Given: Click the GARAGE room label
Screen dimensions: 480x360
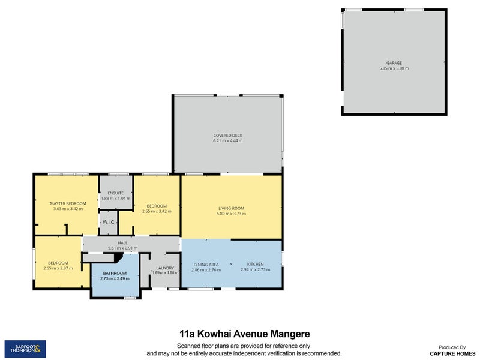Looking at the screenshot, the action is click(394, 63).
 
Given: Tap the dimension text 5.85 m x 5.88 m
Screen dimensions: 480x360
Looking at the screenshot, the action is click(394, 68).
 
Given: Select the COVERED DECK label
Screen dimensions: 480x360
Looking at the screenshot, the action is click(228, 136).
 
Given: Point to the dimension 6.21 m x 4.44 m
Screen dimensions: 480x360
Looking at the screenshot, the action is click(228, 141).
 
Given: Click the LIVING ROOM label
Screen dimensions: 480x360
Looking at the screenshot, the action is click(232, 208).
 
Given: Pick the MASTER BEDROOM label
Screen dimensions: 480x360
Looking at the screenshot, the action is click(68, 203).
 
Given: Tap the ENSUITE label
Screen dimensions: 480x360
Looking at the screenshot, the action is click(116, 193).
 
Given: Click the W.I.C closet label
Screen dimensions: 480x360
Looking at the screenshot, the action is click(109, 222).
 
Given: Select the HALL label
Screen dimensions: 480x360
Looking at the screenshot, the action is click(122, 243).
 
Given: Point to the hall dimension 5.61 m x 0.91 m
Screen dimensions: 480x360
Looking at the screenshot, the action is click(122, 248).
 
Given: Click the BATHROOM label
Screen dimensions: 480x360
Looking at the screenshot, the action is click(115, 274).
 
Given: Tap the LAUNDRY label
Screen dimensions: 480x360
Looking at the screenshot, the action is click(165, 268).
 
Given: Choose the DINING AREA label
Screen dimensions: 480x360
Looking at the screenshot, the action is click(206, 265).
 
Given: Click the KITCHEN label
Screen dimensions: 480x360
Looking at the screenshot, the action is click(256, 264).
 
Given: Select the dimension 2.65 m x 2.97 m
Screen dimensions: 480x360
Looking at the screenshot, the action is click(58, 268).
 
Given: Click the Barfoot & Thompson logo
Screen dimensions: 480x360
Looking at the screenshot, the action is click(25, 349).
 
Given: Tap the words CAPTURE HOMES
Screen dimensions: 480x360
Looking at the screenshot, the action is click(452, 353).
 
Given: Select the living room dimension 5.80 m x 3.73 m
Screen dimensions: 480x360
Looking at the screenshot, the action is click(232, 214).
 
